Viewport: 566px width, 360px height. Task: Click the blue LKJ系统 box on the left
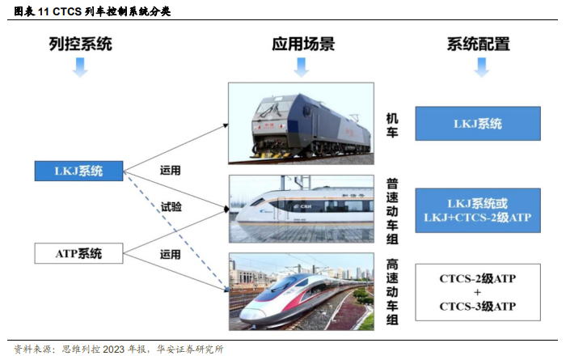tap(78, 171)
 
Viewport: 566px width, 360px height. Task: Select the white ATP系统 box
tap(78, 253)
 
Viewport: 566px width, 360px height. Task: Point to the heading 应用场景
tap(303, 44)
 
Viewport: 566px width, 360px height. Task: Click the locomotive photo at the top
tap(301, 124)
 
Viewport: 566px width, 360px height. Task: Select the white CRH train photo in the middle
tap(301, 210)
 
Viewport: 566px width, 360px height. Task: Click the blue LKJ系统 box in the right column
tap(478, 124)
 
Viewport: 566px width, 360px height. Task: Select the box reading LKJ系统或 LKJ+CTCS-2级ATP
tap(478, 210)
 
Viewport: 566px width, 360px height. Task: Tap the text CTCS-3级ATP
tap(478, 307)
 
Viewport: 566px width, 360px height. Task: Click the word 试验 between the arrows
tap(171, 208)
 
